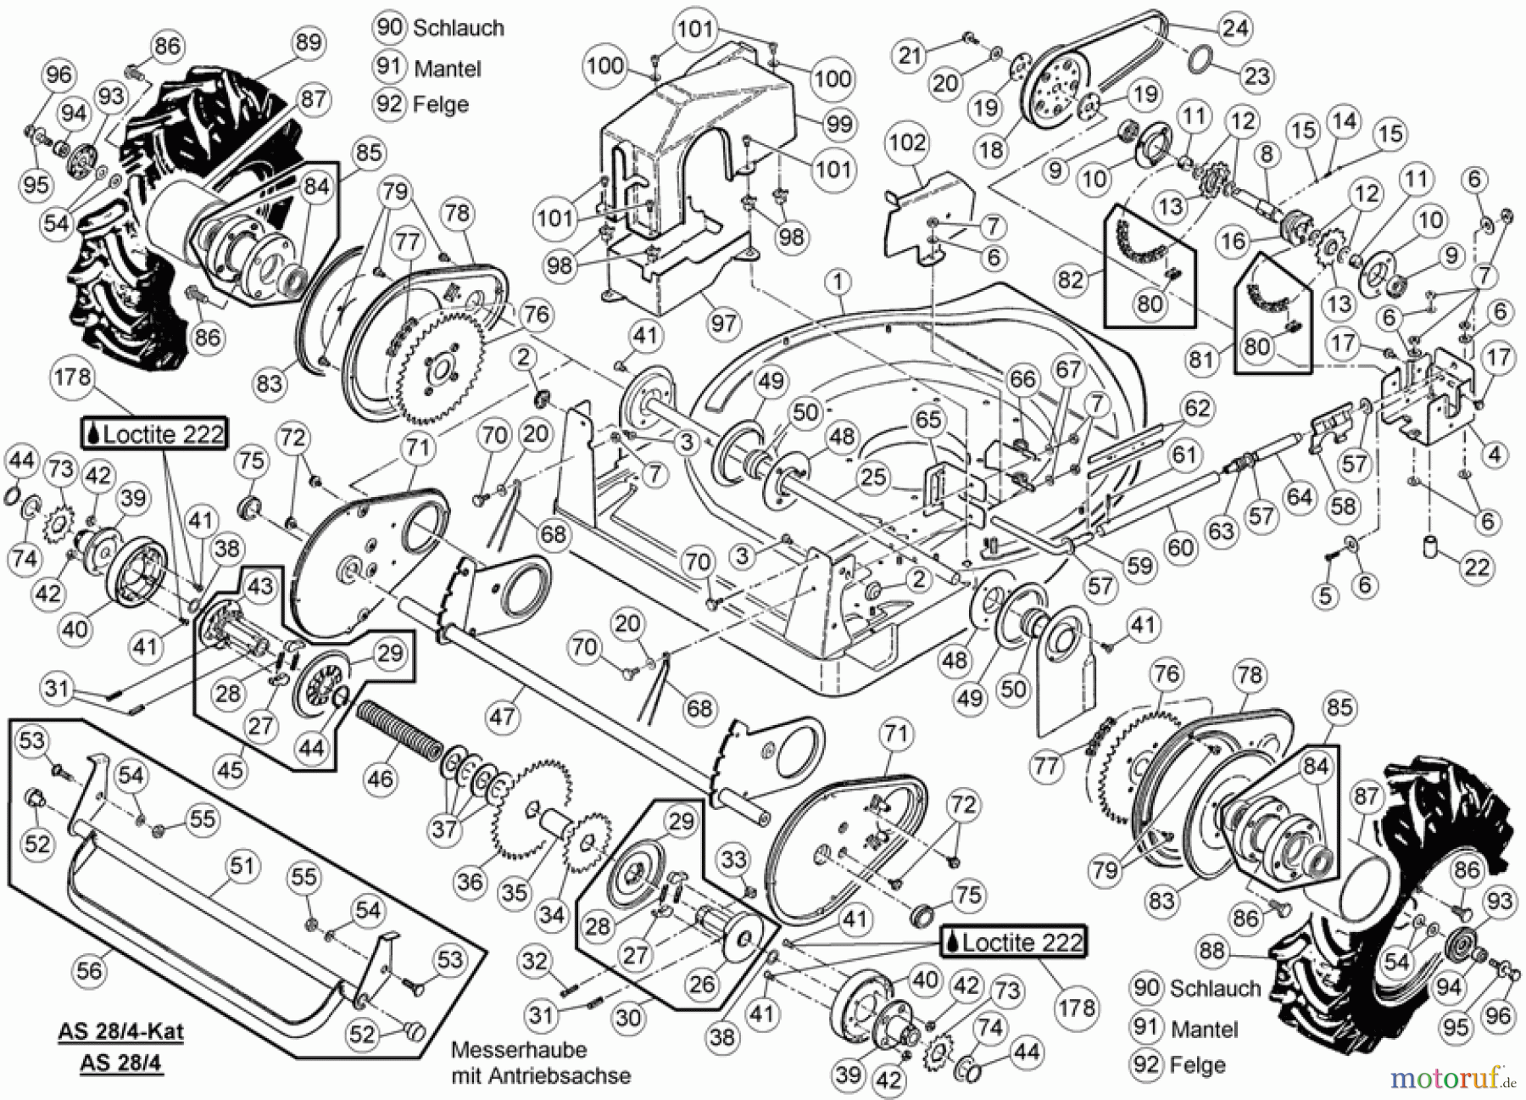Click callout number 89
pos(309,42)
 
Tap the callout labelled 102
pos(906,142)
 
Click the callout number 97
pos(724,323)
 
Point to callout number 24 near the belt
pos(1234,28)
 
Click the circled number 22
pos(1477,567)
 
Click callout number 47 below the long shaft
pos(502,717)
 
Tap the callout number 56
pos(89,970)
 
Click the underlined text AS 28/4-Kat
pos(120,1032)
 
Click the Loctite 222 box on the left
pos(154,434)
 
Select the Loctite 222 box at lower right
pos(1013,942)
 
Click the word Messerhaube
pos(519,1050)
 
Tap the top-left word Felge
pos(440,104)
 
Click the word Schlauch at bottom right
pos(1215,989)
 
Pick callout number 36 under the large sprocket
pos(471,881)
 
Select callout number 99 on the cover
pos(838,125)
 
